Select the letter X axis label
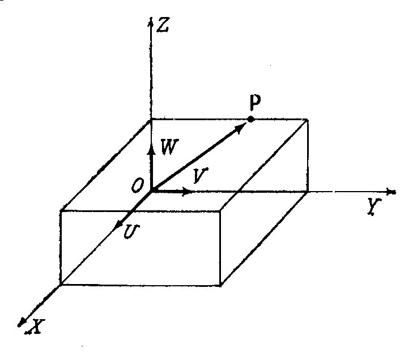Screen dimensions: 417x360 point(38,326)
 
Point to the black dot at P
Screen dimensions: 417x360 point(251,120)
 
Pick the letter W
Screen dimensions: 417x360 point(168,148)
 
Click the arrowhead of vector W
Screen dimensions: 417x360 point(151,145)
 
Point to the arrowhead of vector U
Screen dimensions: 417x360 point(119,225)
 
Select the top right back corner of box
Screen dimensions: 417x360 point(308,120)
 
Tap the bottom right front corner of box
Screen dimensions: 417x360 point(220,285)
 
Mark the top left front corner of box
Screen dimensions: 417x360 point(61,211)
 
